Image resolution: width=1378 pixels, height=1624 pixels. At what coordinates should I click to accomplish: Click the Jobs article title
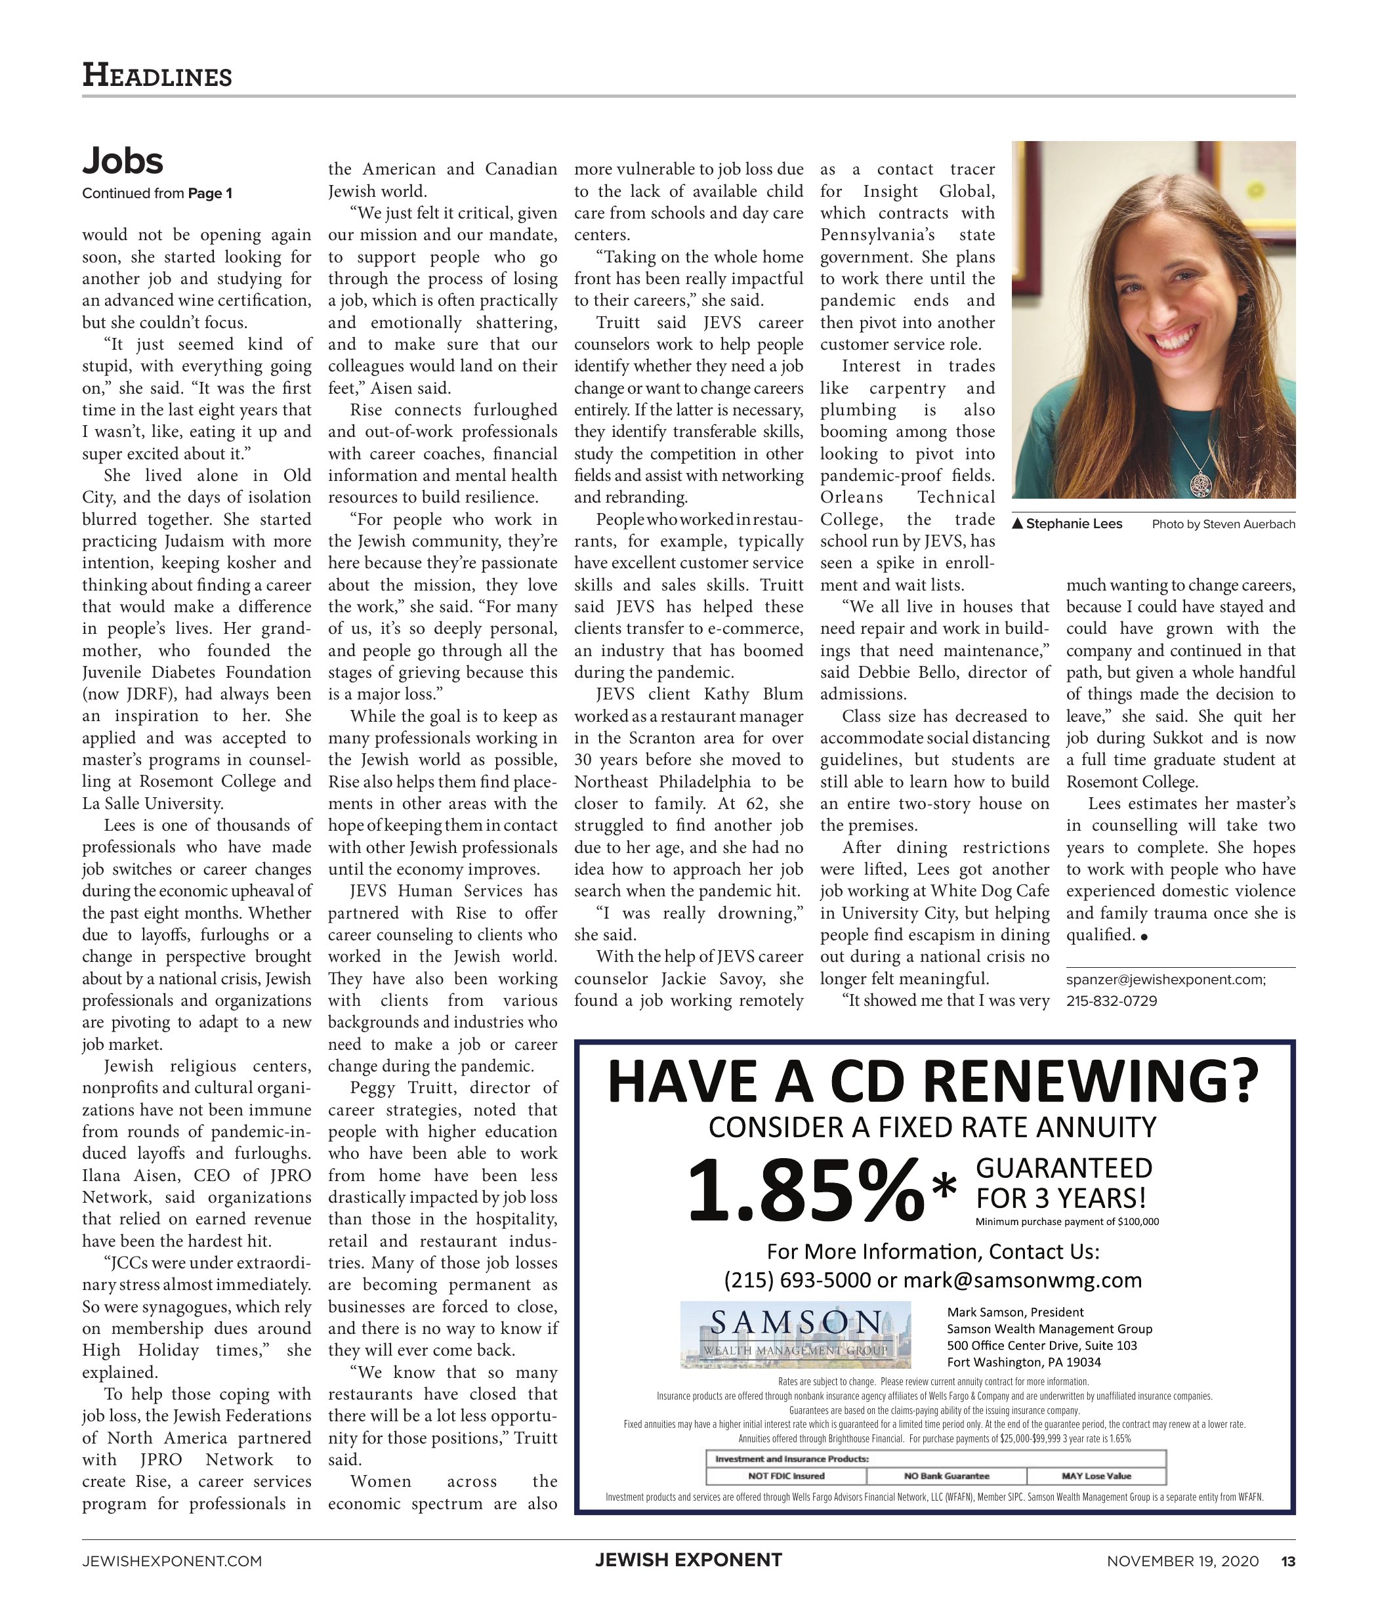pyautogui.click(x=123, y=161)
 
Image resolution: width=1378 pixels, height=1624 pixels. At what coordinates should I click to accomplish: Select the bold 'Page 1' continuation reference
pyautogui.click(x=209, y=193)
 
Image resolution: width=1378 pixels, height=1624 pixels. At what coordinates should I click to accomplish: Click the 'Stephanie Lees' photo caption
pyautogui.click(x=1074, y=524)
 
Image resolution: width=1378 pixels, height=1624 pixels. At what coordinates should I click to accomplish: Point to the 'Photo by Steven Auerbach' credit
pyautogui.click(x=1222, y=524)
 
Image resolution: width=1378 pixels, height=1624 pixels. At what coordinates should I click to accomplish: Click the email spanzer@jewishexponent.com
pyautogui.click(x=1165, y=979)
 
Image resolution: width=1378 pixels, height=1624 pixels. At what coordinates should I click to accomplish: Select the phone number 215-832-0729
pyautogui.click(x=1111, y=1001)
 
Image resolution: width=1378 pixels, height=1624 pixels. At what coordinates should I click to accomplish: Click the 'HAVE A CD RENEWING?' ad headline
pyautogui.click(x=934, y=1081)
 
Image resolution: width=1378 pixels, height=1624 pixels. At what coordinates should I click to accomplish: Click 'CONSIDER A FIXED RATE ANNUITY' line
pyautogui.click(x=932, y=1127)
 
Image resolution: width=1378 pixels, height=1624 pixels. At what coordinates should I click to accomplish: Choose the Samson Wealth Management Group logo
pyautogui.click(x=795, y=1334)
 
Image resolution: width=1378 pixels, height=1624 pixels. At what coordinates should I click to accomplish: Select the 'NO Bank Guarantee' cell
pyautogui.click(x=946, y=1476)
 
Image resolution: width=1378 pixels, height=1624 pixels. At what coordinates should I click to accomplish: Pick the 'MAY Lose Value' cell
pyautogui.click(x=1095, y=1476)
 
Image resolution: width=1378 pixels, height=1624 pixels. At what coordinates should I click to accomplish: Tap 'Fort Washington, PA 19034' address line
pyautogui.click(x=1024, y=1362)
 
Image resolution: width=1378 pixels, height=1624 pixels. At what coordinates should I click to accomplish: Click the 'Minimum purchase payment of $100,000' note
pyautogui.click(x=1066, y=1222)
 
